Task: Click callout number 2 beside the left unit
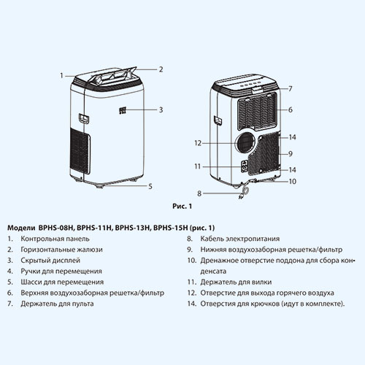[161, 69]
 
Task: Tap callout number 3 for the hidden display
[161, 109]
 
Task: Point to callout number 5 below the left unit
[150, 186]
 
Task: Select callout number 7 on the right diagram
[291, 89]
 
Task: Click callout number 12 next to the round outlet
[198, 143]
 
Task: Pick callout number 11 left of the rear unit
[198, 166]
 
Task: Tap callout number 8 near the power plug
[199, 193]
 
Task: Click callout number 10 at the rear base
[292, 182]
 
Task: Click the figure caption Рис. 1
[182, 207]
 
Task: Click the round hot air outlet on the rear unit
[245, 143]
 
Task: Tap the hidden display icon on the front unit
[123, 111]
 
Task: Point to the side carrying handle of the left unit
[83, 118]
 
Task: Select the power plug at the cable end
[242, 197]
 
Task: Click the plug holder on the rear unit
[245, 166]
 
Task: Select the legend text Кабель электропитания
[240, 239]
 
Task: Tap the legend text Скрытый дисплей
[50, 261]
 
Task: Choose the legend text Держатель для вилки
[236, 282]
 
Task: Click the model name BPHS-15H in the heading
[171, 228]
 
